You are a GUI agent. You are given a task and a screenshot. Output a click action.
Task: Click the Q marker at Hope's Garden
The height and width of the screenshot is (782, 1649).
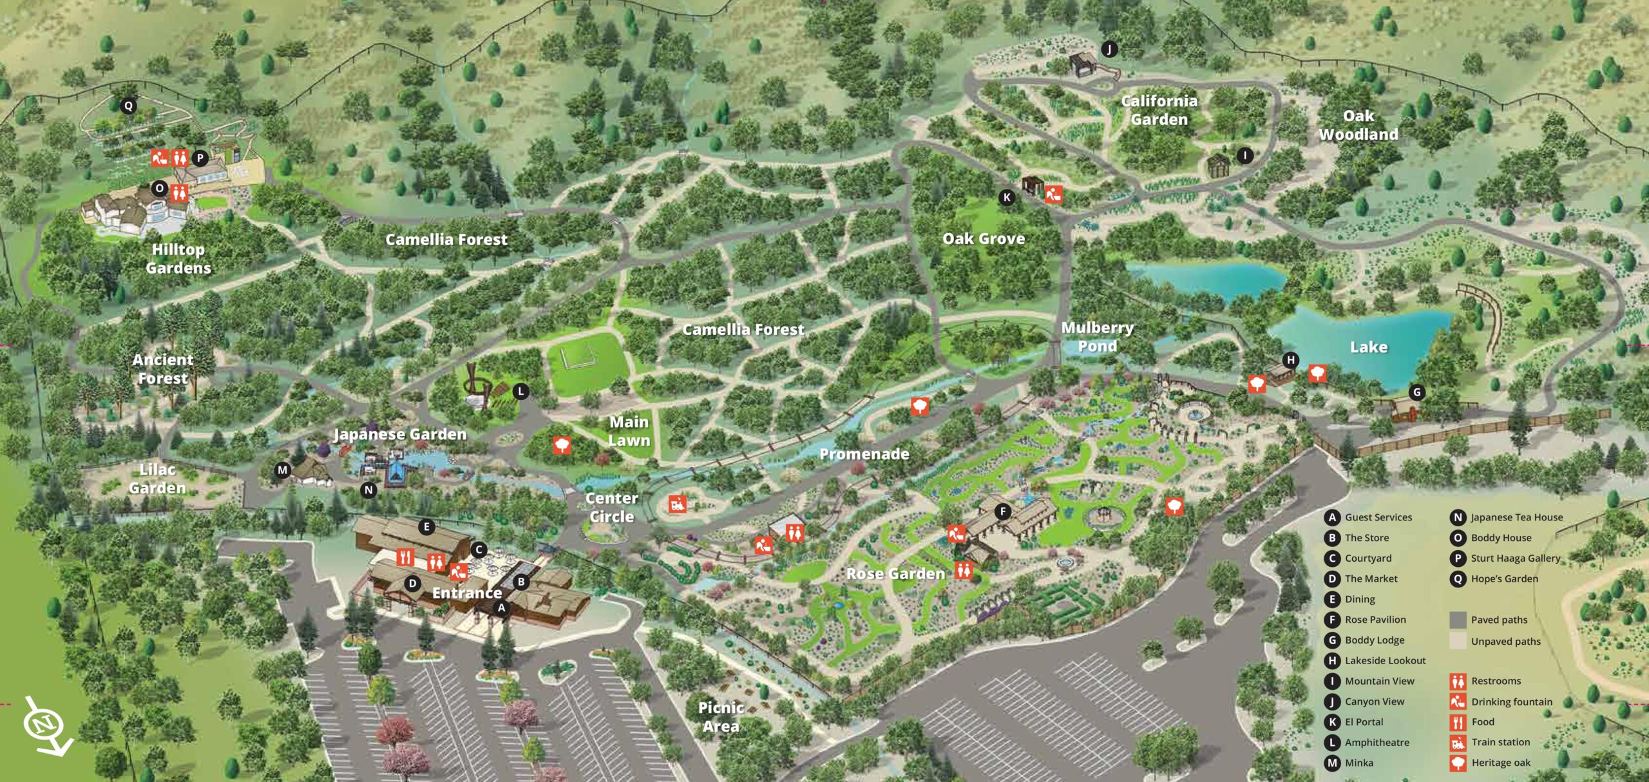pos(128,106)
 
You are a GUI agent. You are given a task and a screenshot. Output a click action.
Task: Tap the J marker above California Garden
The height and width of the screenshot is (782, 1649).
pos(1109,49)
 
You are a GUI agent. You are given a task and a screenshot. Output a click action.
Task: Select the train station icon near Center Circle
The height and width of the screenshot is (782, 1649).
pos(676,504)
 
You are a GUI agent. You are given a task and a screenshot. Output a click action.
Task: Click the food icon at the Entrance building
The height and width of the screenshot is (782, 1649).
pos(405,557)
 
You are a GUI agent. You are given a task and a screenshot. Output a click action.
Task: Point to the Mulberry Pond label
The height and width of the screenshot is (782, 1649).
pos(1097,337)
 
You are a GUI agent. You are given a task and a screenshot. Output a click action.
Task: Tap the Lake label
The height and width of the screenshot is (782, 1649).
pos(1368,347)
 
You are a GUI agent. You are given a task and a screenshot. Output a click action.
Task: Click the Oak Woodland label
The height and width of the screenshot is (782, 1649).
pos(1358,125)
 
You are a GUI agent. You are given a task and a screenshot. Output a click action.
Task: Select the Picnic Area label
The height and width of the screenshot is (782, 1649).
pos(721,716)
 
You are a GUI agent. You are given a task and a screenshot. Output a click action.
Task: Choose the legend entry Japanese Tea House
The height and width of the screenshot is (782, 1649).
pos(1516,517)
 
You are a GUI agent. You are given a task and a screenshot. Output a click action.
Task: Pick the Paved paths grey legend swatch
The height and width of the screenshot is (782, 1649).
pos(1458,620)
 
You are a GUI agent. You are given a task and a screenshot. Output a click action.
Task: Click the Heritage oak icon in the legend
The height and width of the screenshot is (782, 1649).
pos(1458,763)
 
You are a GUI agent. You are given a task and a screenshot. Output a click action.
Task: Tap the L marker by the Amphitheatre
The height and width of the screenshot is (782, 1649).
pos(520,391)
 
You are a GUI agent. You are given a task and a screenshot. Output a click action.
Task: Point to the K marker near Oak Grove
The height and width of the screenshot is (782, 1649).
pos(1007,198)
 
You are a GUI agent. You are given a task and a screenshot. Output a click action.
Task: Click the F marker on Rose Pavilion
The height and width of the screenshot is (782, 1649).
pos(1002,512)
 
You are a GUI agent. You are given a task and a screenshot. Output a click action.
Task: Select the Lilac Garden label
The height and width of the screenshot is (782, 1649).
pos(157,479)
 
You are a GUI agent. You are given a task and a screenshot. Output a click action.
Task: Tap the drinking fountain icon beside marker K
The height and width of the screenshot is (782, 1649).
pos(1053,194)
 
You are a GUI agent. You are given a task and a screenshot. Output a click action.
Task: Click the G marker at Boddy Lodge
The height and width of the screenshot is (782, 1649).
pos(1416,392)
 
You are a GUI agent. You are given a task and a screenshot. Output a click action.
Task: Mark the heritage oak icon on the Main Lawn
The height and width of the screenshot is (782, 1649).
pos(562,444)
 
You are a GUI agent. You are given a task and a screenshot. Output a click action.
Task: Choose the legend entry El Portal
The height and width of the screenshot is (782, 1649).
pos(1364,722)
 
